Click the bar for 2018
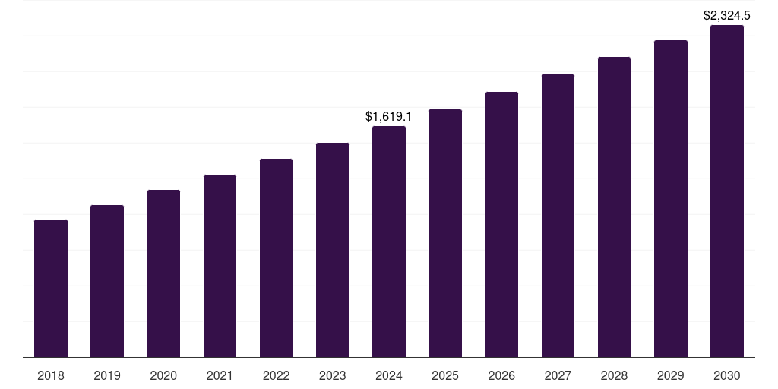(x=51, y=289)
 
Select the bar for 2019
(x=107, y=281)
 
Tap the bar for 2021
(x=220, y=266)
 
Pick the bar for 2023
(x=333, y=250)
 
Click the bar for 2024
(x=389, y=242)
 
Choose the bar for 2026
(x=501, y=225)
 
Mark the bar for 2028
(x=614, y=207)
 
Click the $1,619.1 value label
(x=388, y=117)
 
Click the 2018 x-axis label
(x=51, y=375)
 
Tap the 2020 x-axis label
(x=163, y=375)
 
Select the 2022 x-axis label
(x=276, y=375)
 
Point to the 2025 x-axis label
(x=445, y=375)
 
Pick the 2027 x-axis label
(x=558, y=375)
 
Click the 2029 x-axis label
(x=671, y=375)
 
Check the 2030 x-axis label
(x=727, y=375)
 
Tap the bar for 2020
(x=163, y=274)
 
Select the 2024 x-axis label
(x=389, y=375)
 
